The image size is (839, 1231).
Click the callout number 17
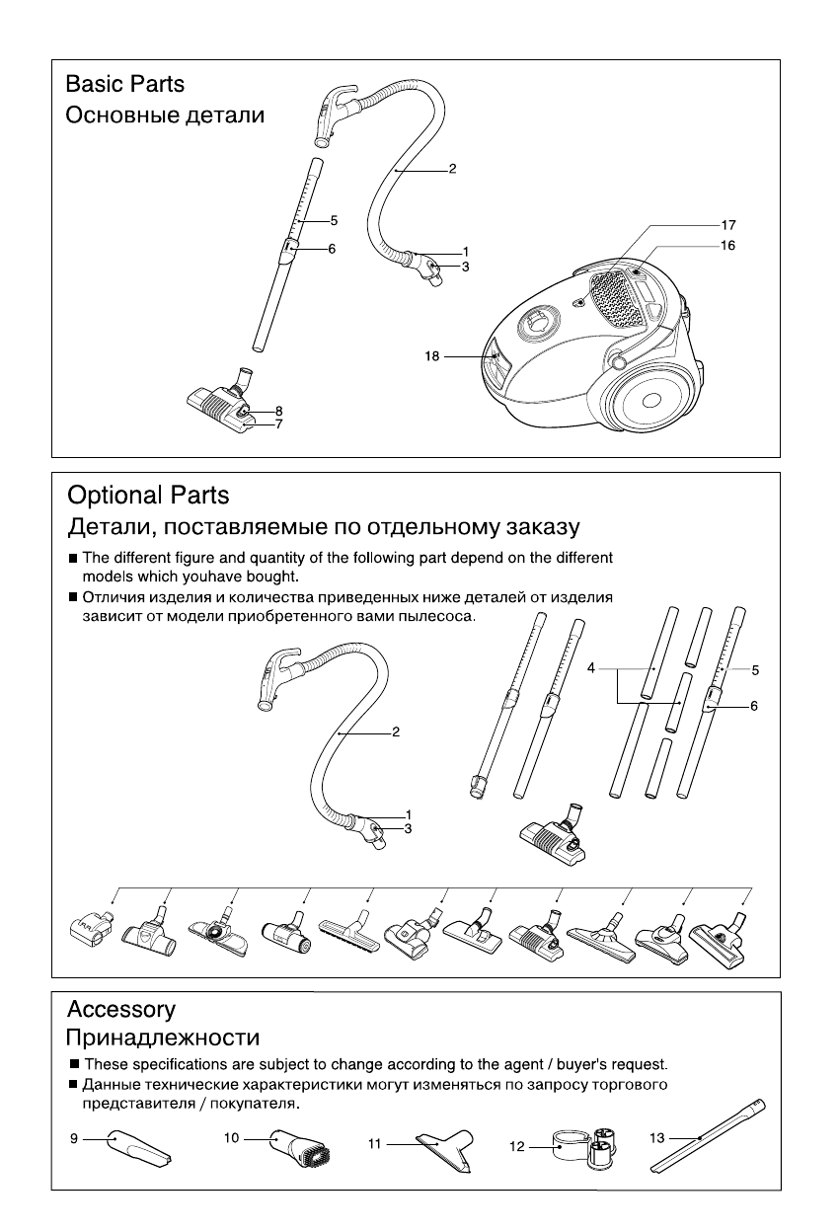727,225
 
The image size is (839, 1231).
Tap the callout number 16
727,244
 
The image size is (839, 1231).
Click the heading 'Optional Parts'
147,495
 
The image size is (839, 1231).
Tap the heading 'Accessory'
120,1010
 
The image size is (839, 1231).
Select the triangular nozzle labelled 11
442,1151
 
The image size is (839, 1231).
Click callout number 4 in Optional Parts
590,668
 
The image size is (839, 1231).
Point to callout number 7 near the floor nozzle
279,424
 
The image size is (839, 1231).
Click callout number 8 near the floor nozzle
279,411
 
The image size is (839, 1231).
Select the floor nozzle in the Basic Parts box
221,405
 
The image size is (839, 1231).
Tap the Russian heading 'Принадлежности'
163,1039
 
